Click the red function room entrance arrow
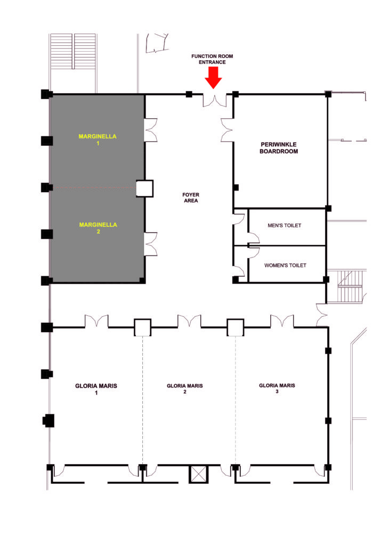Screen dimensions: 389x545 (213, 78)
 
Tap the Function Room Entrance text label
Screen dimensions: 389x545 (212, 59)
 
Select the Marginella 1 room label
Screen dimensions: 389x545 (98, 139)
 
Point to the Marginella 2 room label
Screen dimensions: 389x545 (98, 228)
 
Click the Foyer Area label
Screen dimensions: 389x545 (191, 198)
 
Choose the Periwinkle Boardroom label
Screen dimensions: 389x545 (279, 148)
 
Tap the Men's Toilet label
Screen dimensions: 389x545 (284, 226)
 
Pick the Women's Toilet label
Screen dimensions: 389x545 (285, 266)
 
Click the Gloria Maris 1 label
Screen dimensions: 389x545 (96, 389)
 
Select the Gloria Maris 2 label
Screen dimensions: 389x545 (185, 389)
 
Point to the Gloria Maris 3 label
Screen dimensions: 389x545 (277, 388)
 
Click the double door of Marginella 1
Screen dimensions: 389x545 (151, 130)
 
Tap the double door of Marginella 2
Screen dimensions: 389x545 (151, 244)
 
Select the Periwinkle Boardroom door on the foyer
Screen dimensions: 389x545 (227, 130)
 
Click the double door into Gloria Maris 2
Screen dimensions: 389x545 (189, 321)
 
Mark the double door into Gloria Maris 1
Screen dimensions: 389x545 (96, 321)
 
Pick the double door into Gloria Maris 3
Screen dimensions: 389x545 (282, 321)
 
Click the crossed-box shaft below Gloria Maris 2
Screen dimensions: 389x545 (198, 474)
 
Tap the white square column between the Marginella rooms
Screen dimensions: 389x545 (144, 188)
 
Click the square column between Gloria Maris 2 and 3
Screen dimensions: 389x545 (235, 327)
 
